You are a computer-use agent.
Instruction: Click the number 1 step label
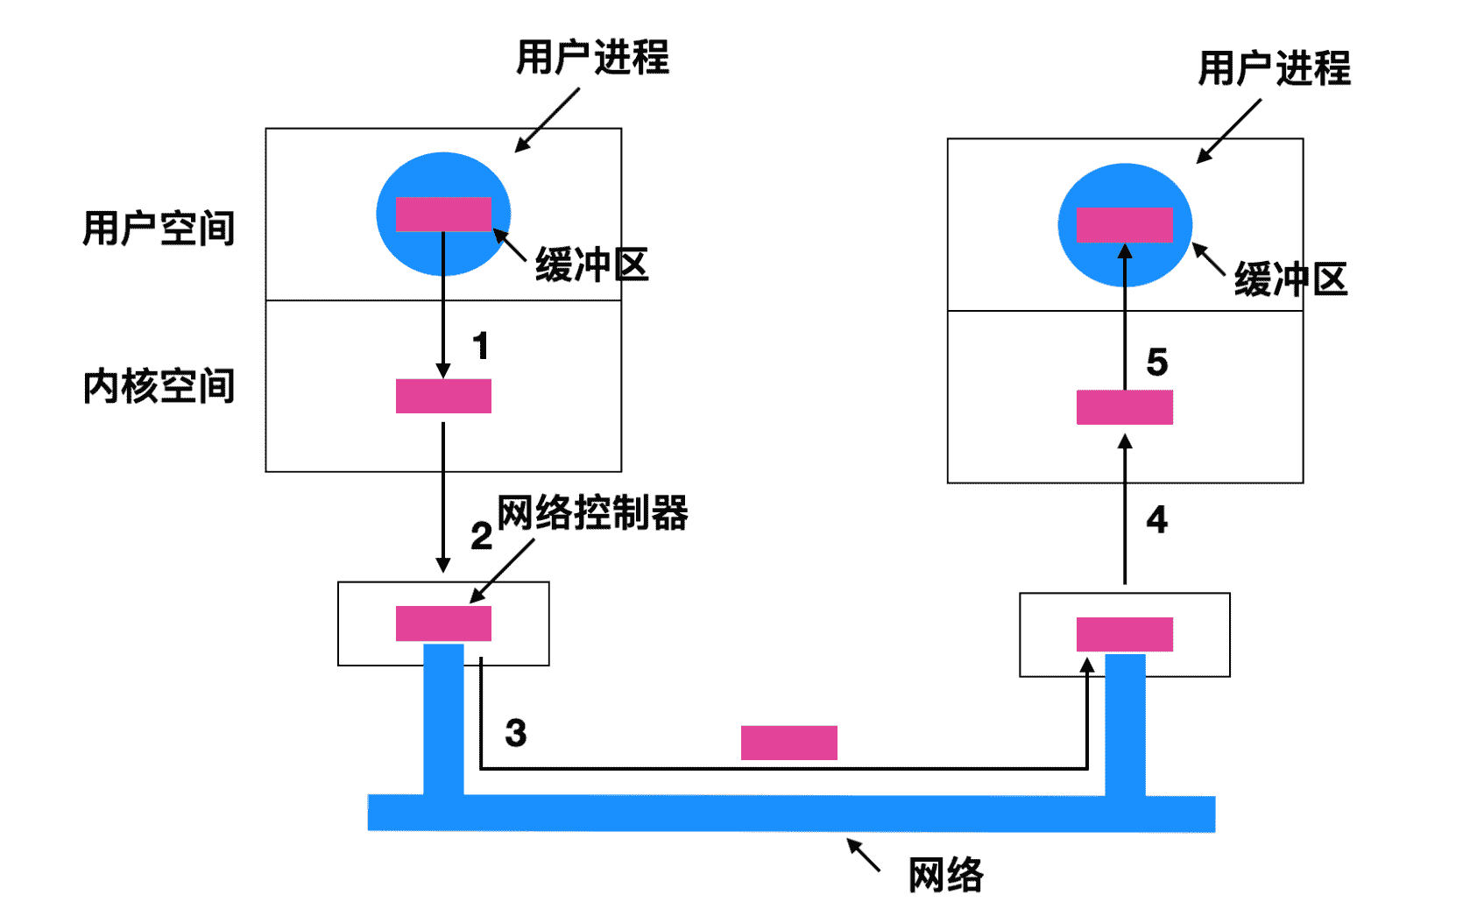[x=480, y=346]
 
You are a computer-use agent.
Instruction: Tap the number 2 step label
[x=481, y=535]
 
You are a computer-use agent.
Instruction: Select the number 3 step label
[x=516, y=733]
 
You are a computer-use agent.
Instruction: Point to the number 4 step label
[x=1156, y=519]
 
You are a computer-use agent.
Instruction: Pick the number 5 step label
[x=1156, y=362]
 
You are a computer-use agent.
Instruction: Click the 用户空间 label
[x=159, y=229]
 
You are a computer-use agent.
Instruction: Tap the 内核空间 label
[x=159, y=386]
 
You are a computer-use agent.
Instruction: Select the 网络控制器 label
[x=592, y=512]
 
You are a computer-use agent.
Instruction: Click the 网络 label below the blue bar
[x=945, y=875]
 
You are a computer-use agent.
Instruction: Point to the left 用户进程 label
[x=592, y=58]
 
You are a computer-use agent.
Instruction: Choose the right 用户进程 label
[x=1274, y=68]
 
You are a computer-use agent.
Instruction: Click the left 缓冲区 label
[x=591, y=264]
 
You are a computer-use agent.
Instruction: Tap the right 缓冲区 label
[x=1290, y=279]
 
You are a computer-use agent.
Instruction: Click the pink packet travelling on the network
[x=788, y=743]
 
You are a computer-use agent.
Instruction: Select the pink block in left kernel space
[x=443, y=396]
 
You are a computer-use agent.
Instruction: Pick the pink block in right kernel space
[x=1124, y=407]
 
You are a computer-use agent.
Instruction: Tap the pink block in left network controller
[x=443, y=624]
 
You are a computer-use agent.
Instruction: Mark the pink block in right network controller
[x=1124, y=634]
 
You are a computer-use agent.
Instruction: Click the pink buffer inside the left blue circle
[x=443, y=215]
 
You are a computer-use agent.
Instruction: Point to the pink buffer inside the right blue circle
[x=1124, y=225]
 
